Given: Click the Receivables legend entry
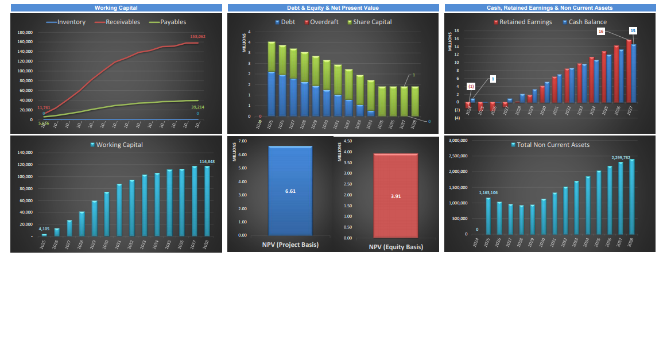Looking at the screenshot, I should [x=122, y=22].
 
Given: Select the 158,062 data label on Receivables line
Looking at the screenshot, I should [x=197, y=36].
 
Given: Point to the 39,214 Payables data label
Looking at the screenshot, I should [x=198, y=107].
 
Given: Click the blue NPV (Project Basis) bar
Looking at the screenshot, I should [x=290, y=191].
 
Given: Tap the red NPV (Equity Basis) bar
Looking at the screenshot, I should [x=396, y=195].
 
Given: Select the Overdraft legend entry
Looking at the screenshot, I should [x=325, y=22].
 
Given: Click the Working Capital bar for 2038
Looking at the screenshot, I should [x=207, y=201].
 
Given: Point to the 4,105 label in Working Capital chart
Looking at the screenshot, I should [x=45, y=229].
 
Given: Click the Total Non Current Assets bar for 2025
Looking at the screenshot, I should [x=488, y=216].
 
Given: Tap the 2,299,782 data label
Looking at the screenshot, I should [x=621, y=157].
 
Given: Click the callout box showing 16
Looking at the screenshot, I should [x=601, y=32].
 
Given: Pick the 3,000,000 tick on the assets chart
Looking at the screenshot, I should [x=457, y=140].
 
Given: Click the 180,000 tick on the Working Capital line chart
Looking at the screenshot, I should [x=24, y=32].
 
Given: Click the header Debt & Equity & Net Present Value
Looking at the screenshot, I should [x=333, y=8].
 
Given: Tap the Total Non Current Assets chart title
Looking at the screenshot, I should [x=553, y=145].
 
